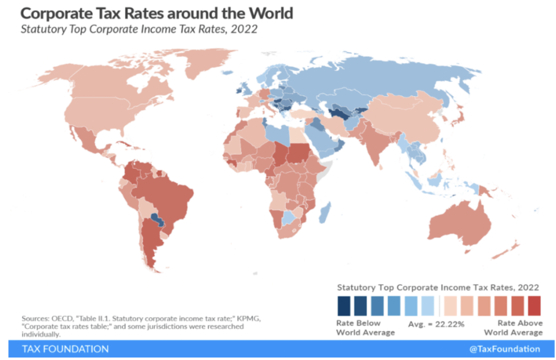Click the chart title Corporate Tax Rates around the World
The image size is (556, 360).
[157, 13]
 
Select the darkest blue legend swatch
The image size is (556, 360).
[343, 305]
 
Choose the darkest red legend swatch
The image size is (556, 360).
[534, 305]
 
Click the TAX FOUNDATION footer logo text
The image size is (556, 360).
[65, 349]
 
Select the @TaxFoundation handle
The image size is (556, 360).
[505, 349]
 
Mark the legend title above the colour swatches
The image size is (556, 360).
[438, 287]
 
